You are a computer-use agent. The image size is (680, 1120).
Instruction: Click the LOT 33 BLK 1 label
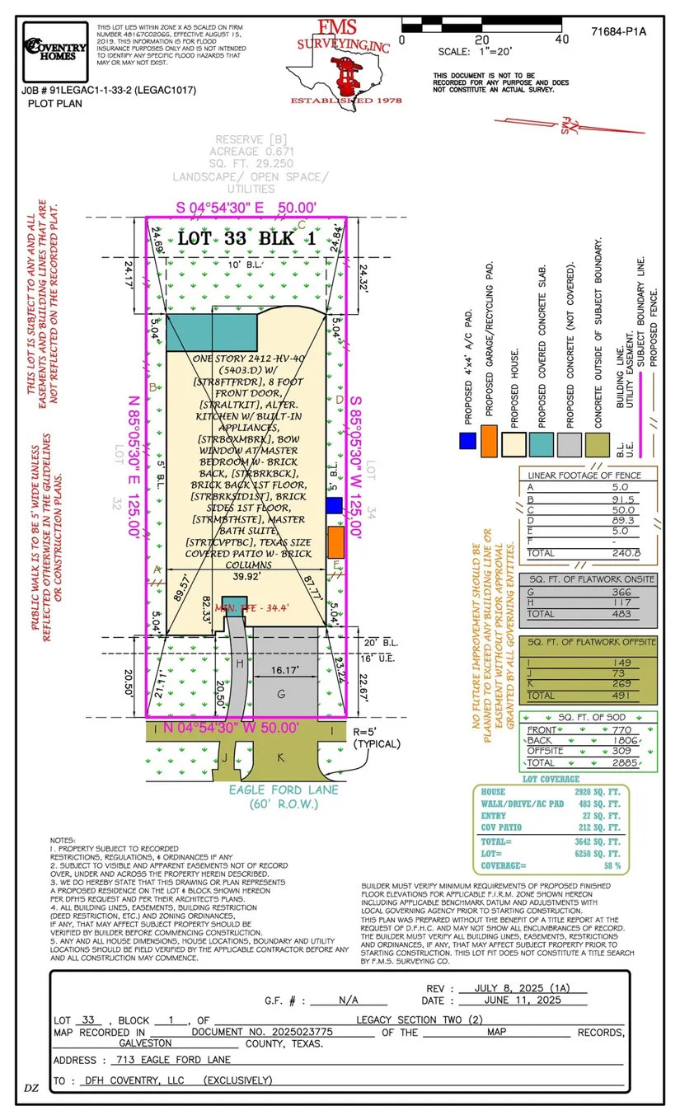click(246, 239)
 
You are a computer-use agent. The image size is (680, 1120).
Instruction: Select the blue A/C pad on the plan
click(334, 505)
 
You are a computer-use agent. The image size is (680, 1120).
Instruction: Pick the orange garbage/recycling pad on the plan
click(335, 542)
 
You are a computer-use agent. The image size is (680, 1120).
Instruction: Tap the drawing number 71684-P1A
click(618, 32)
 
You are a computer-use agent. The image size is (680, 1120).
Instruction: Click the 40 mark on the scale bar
click(562, 39)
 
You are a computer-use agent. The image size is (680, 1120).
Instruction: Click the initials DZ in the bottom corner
click(31, 1088)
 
